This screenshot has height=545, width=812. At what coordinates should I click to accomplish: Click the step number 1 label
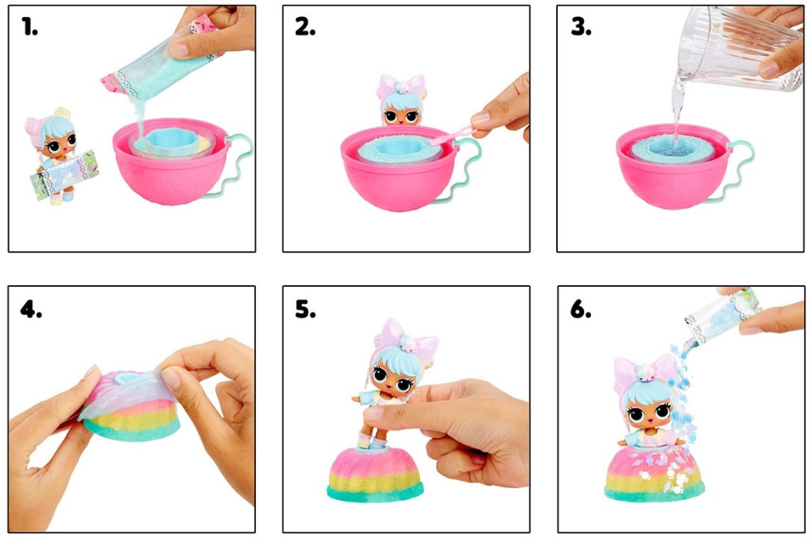(29, 27)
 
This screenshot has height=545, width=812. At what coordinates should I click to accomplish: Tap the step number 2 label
(305, 27)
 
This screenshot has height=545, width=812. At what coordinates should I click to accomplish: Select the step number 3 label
(581, 27)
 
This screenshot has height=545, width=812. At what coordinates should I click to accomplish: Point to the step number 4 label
(31, 309)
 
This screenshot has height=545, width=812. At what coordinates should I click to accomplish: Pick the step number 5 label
(305, 309)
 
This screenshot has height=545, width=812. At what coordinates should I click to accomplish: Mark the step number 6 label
(581, 309)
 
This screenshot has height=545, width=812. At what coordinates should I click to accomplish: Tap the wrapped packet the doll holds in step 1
(64, 172)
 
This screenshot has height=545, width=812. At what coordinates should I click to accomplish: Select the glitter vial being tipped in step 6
(723, 313)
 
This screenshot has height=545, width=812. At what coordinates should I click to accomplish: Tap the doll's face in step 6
(648, 411)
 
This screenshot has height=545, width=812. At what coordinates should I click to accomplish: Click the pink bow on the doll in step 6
(646, 371)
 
